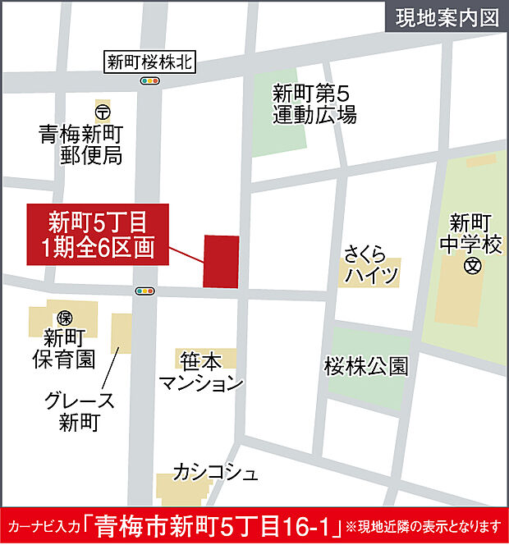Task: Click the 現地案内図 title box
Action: [x=447, y=18]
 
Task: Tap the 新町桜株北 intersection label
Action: [x=149, y=62]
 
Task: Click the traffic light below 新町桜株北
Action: [x=149, y=80]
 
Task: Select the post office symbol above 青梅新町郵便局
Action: [x=103, y=110]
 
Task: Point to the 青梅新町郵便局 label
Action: [x=81, y=143]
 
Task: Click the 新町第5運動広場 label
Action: [x=314, y=104]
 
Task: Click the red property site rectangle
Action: [x=221, y=261]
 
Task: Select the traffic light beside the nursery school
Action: [x=145, y=291]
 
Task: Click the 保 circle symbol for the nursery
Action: [x=64, y=317]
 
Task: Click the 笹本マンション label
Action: [x=201, y=371]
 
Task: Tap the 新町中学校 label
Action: [x=470, y=232]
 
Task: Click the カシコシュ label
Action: [x=215, y=472]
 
